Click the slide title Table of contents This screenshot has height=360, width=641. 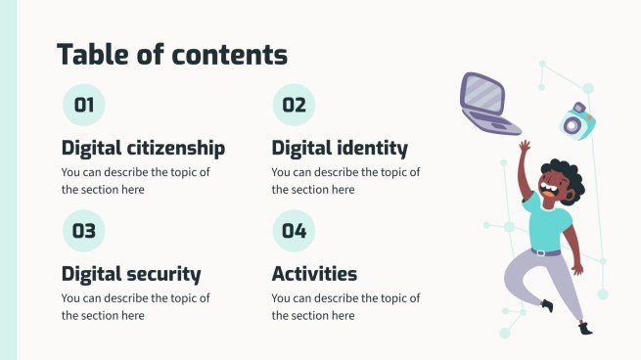click(172, 54)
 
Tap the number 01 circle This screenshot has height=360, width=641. click(83, 106)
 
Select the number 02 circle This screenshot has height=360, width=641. click(294, 106)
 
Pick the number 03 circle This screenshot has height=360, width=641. click(83, 232)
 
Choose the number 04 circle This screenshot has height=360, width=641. click(294, 232)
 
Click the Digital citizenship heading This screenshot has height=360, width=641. click(143, 149)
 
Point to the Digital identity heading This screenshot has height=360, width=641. click(339, 149)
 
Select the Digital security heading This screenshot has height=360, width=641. click(131, 274)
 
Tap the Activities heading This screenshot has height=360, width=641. click(314, 274)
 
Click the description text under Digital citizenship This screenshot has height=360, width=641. click(135, 181)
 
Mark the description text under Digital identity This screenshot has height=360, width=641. click(345, 181)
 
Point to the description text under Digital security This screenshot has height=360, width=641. click(135, 306)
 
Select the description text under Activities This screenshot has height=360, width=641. click(345, 306)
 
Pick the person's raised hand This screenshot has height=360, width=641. click(526, 147)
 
